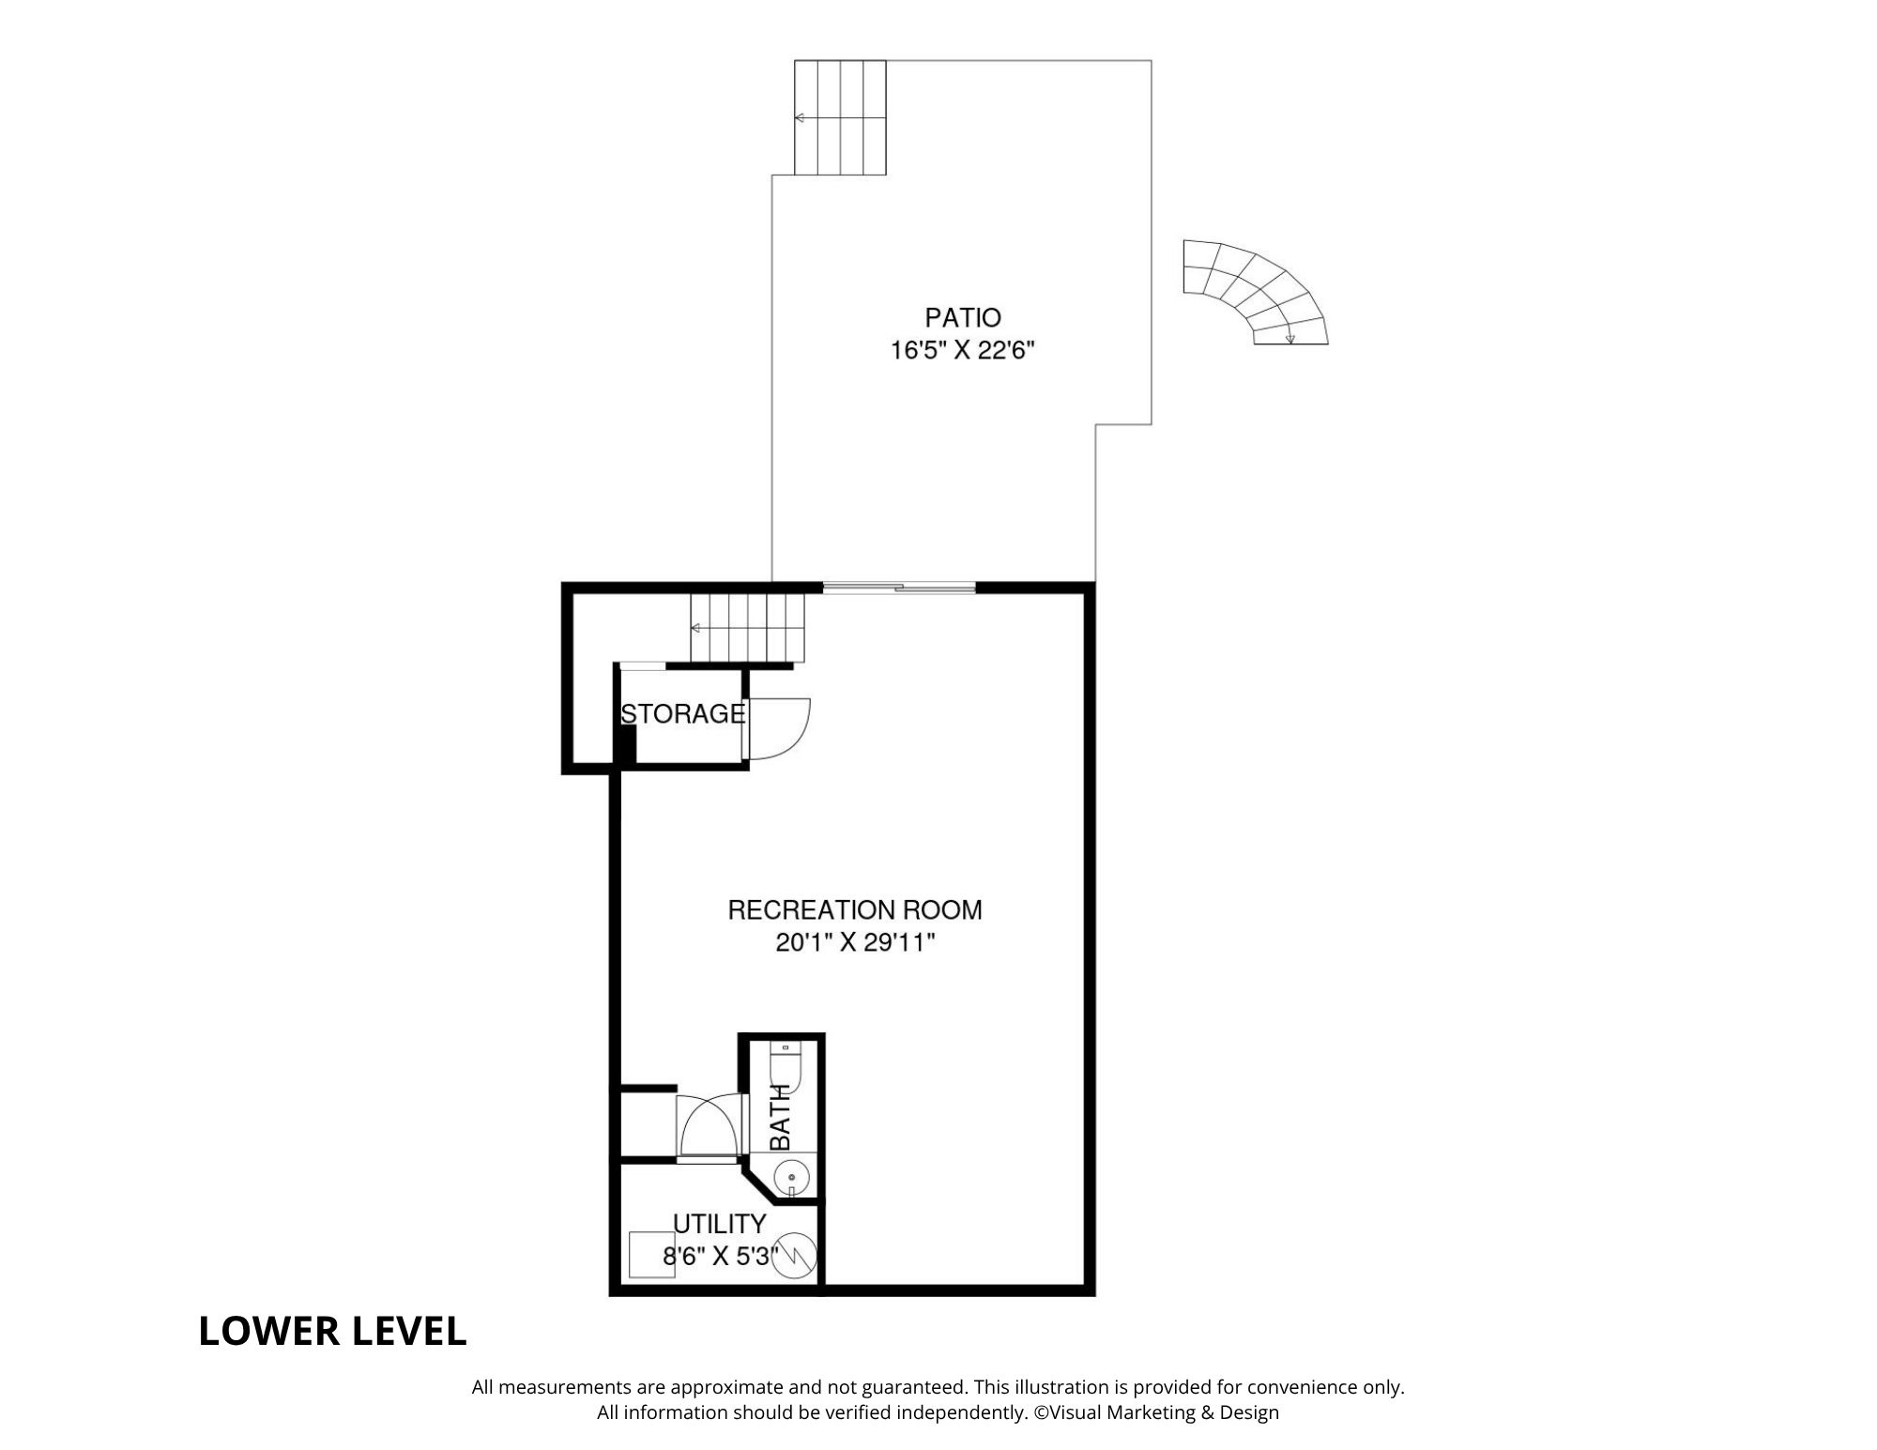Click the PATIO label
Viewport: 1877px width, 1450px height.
963,317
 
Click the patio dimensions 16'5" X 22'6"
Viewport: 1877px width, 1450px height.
963,351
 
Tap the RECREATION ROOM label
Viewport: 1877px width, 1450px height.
855,909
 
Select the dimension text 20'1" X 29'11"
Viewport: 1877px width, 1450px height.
855,942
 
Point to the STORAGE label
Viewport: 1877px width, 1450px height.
682,714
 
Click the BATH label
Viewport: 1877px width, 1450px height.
781,1117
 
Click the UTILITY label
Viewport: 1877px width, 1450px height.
720,1224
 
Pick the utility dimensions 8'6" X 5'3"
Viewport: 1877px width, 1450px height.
720,1256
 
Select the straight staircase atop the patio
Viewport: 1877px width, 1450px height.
841,117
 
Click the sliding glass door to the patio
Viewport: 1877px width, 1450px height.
899,588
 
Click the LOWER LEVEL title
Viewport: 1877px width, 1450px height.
332,1331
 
